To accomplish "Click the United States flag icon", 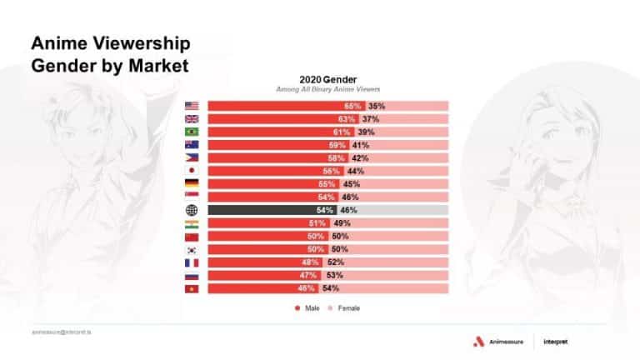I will (191, 106).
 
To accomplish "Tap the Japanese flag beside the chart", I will (191, 171).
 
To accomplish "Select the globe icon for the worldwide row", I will (191, 210).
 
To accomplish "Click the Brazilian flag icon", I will (191, 132).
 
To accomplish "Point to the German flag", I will (191, 184).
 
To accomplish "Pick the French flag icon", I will (191, 262).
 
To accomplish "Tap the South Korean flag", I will (191, 249).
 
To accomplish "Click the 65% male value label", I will (352, 106).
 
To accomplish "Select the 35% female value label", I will (377, 106).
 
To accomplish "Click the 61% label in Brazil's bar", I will (342, 132).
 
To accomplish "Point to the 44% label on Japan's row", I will (356, 171).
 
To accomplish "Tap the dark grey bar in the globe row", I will (267, 210).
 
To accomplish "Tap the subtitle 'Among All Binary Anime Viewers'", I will (327, 88).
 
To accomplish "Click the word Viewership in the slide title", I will (132, 42).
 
